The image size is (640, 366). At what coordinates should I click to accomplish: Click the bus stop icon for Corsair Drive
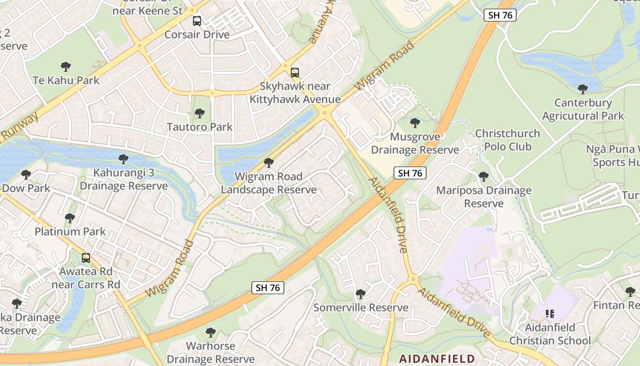click(x=197, y=21)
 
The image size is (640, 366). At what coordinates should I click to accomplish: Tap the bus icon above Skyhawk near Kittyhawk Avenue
click(x=295, y=72)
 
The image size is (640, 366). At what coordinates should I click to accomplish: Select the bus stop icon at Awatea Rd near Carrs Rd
click(x=85, y=258)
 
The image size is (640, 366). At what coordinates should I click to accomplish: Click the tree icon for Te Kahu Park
click(x=66, y=67)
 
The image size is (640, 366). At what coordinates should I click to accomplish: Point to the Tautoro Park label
click(x=200, y=127)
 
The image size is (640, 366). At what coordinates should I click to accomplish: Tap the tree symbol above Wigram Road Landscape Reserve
click(x=269, y=163)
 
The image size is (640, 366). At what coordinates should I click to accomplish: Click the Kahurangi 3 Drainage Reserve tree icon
click(x=123, y=159)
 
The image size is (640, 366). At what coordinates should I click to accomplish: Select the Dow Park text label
click(x=26, y=188)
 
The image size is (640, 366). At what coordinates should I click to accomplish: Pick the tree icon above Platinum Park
click(x=70, y=218)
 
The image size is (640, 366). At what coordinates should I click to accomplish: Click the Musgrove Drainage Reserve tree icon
click(x=415, y=123)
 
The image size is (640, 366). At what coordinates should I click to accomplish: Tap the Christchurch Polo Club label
click(x=507, y=140)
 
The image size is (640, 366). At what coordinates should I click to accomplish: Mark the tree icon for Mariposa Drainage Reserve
click(x=484, y=177)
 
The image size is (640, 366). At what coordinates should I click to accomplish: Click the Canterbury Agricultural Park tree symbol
click(x=582, y=89)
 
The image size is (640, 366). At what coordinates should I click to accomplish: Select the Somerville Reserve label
click(x=361, y=307)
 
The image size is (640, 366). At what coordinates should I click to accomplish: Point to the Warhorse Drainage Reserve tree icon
click(x=211, y=332)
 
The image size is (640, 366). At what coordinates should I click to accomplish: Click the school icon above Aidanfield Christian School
click(x=550, y=314)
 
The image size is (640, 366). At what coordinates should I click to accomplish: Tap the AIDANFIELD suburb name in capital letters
click(x=437, y=358)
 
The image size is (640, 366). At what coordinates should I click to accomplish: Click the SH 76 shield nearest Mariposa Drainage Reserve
click(x=410, y=173)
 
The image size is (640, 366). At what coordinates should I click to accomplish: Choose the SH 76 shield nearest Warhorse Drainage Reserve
click(x=268, y=288)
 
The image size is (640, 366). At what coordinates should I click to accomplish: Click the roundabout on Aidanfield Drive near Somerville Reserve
click(x=413, y=279)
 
